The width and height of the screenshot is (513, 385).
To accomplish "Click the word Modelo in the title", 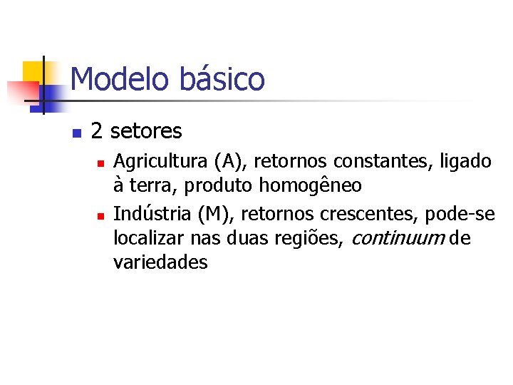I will (x=119, y=79).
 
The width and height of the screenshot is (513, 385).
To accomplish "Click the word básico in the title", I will (x=222, y=79).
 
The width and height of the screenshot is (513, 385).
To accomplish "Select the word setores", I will (x=146, y=132).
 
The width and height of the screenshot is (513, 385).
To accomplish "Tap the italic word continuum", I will (x=396, y=238).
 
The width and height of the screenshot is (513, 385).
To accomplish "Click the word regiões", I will (x=312, y=238).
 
